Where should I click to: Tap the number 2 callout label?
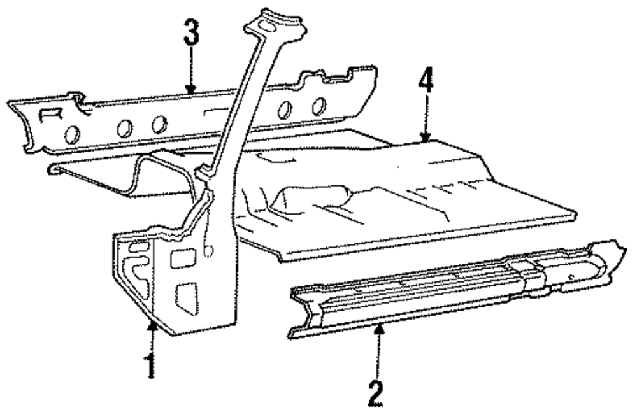point(376,393)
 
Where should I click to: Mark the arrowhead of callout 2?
point(379,327)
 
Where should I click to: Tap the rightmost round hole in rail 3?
point(317,106)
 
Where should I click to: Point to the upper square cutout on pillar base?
point(182,258)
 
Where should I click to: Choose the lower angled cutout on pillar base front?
point(187,297)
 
